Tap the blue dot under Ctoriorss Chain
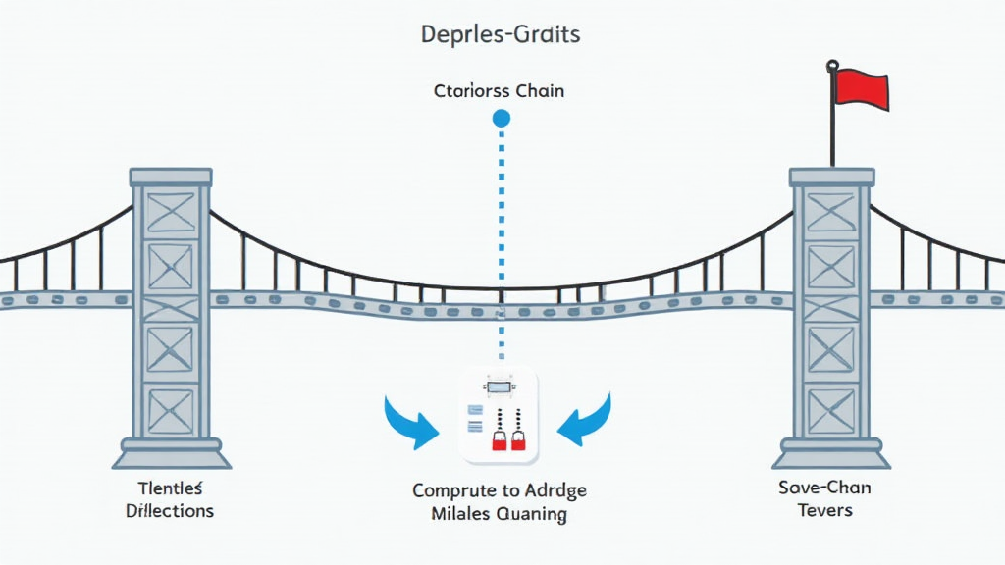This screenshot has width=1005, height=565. point(502,119)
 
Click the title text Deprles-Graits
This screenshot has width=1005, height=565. point(501,35)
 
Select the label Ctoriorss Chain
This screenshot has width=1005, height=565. point(499,91)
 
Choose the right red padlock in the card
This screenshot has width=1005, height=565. point(517,439)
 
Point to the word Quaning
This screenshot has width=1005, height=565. point(534,513)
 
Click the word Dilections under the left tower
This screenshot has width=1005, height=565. point(172,511)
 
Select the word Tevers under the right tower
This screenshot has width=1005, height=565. point(824,510)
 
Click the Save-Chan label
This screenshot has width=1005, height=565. point(823,488)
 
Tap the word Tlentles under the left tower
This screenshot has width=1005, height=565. point(172,488)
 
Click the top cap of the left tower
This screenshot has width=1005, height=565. point(171,177)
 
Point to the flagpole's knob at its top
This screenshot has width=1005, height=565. point(832,66)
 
